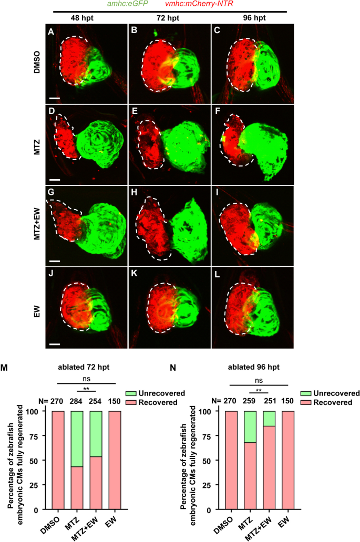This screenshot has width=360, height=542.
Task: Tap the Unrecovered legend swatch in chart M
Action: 134,393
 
